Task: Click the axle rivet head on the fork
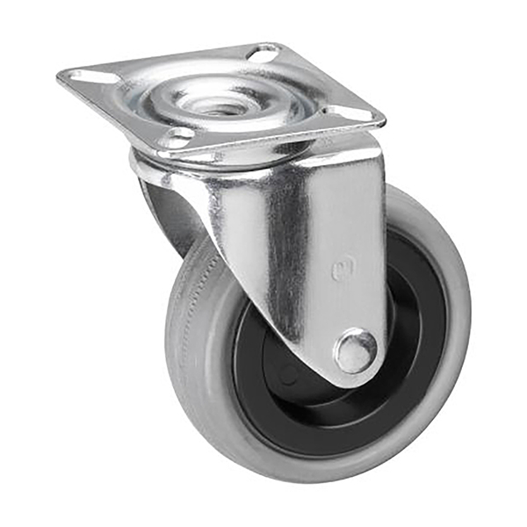[x=356, y=350]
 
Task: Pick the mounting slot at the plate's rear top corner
[x=263, y=54]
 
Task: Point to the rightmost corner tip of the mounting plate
[x=383, y=117]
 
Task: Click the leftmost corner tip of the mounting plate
[x=60, y=76]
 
